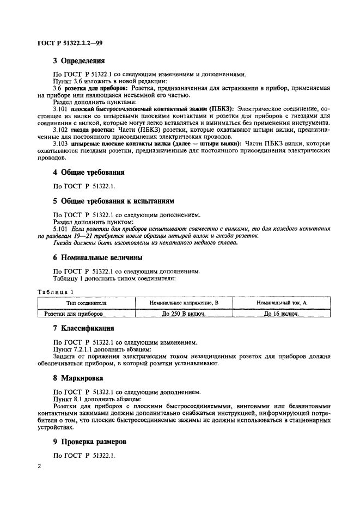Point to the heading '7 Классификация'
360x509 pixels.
(83, 328)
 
